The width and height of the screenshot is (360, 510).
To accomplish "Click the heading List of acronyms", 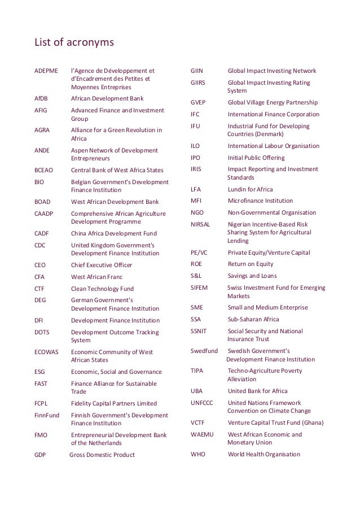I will point(75,42).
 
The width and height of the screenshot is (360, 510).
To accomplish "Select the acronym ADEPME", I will point(47,71).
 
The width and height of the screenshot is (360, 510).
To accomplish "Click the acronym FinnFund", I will point(47,415).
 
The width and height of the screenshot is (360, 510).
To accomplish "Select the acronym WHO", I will point(199,454).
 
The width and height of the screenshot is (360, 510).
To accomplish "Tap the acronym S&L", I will point(197,276).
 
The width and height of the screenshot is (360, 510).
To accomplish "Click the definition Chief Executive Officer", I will point(101,265).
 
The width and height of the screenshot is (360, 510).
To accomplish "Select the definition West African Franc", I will point(96,277).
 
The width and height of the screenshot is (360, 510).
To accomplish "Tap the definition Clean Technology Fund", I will point(102,289).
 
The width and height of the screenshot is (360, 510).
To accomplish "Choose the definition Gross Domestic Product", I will point(102,455).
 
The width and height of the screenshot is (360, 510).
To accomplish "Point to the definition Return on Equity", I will point(250,264).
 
